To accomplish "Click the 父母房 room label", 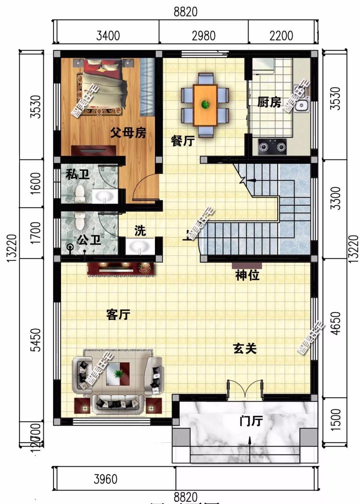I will (x=128, y=134).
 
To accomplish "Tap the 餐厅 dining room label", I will (x=182, y=141).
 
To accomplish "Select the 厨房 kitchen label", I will (x=269, y=102).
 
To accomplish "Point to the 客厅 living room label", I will (x=118, y=314).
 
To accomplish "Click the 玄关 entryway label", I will (x=245, y=349).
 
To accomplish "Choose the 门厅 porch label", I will (x=251, y=421).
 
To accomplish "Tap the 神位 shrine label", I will (x=247, y=275).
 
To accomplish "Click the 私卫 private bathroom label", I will (x=77, y=174).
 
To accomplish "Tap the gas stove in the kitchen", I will (x=272, y=147).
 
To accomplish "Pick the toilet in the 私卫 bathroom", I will (x=80, y=194).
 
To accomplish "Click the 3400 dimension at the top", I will (x=108, y=35).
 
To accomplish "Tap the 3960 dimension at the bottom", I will (x=106, y=479).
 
